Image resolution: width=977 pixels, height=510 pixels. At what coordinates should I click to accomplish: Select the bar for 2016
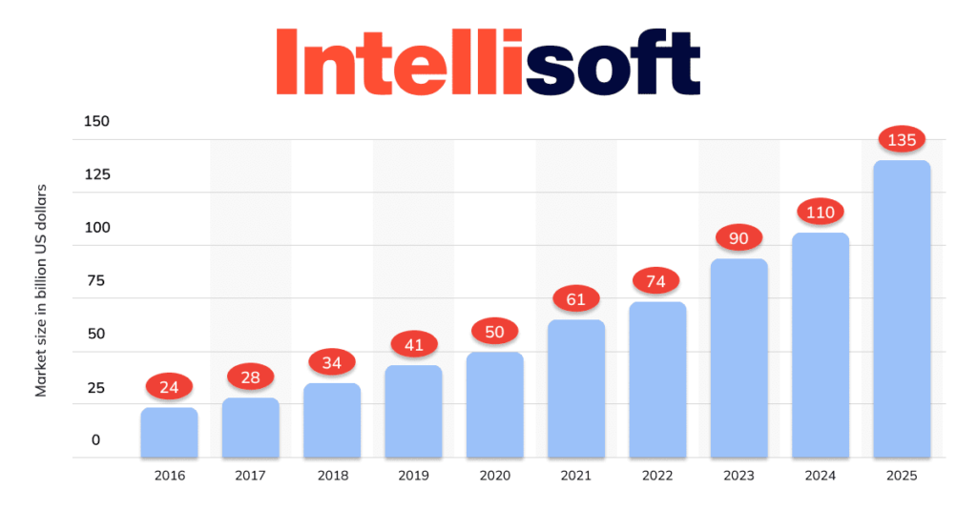point(169,433)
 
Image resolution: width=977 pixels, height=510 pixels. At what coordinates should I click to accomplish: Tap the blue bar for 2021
point(576,389)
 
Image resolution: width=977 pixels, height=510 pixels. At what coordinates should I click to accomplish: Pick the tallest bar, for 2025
point(902,309)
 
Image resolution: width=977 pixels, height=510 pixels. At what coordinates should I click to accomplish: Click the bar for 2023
point(738,358)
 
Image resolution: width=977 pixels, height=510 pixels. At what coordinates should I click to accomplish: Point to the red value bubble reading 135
point(902,140)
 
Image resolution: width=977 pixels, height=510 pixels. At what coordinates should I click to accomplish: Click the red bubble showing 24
point(169,387)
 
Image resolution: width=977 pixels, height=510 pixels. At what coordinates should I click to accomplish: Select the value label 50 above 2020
point(495,332)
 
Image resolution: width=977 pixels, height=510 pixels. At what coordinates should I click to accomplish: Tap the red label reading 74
point(656,281)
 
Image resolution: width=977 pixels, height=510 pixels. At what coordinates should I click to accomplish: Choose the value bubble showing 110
point(821,213)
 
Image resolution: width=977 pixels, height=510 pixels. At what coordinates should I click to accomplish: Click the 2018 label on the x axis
point(332,475)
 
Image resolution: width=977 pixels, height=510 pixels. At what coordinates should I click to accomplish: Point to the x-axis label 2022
point(656,475)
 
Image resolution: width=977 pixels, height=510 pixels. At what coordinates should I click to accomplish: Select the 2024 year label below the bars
point(821,475)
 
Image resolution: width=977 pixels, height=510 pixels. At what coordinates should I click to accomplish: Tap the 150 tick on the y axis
point(97,121)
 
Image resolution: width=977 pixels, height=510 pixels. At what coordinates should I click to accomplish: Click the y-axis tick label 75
point(97,280)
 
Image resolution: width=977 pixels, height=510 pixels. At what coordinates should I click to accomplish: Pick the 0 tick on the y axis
point(95,439)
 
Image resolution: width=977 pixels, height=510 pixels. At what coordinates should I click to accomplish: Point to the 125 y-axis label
point(97,174)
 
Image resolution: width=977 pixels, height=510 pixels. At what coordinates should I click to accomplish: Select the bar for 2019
point(414,411)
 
